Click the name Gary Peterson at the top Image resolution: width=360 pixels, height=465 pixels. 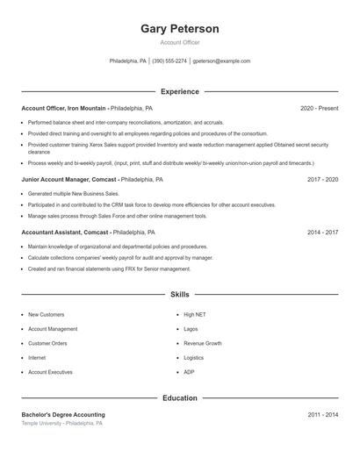tap(180, 29)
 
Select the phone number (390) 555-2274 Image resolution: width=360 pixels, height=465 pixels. tap(169, 61)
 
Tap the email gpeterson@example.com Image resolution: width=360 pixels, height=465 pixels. tap(221, 61)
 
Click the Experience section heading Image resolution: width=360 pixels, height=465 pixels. tap(180, 91)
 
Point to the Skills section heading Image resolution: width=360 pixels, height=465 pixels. tap(180, 295)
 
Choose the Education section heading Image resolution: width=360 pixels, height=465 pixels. tap(180, 397)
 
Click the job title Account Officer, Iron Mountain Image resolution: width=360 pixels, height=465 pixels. tap(63, 108)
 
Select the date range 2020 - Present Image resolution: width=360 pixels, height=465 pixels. tap(319, 108)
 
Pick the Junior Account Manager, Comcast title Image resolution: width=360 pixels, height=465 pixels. tap(69, 179)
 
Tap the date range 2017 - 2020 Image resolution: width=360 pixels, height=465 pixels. tap(322, 179)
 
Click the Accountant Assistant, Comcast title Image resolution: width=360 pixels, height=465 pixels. tap(65, 232)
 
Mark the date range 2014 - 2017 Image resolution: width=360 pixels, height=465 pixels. tap(322, 232)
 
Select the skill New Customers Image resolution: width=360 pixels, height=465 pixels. tap(46, 314)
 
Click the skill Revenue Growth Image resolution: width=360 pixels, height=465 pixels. tap(202, 343)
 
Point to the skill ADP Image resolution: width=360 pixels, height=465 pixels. tap(189, 372)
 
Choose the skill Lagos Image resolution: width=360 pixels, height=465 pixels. tap(191, 329)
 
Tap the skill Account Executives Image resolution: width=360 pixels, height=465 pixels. tap(50, 372)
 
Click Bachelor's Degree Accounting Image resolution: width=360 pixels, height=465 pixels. tap(63, 414)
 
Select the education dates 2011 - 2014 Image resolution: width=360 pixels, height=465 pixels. tap(322, 414)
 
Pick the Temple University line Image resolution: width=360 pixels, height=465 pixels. tap(61, 423)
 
